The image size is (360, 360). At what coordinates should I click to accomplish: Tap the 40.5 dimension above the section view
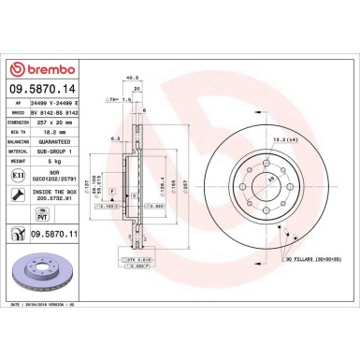pos(132,79)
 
